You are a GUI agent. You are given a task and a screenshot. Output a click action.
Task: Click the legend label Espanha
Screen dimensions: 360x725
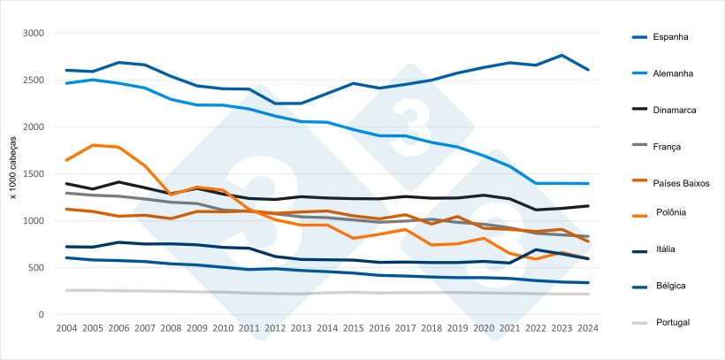pyautogui.click(x=671, y=37)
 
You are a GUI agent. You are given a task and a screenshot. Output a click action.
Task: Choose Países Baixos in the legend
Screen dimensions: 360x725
pyautogui.click(x=683, y=183)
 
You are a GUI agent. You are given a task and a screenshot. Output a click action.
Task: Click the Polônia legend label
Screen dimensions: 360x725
pyautogui.click(x=671, y=212)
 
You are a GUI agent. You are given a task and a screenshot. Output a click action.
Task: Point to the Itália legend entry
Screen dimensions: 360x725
pyautogui.click(x=665, y=249)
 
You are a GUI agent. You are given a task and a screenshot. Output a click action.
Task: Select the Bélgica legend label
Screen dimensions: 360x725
pyautogui.click(x=668, y=286)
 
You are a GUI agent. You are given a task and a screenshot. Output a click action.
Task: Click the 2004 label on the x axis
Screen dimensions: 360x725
pyautogui.click(x=66, y=328)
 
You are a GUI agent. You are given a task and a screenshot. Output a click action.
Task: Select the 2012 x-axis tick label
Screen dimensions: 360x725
pyautogui.click(x=276, y=328)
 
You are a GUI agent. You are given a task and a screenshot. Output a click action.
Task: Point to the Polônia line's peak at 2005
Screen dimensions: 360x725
pyautogui.click(x=93, y=145)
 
